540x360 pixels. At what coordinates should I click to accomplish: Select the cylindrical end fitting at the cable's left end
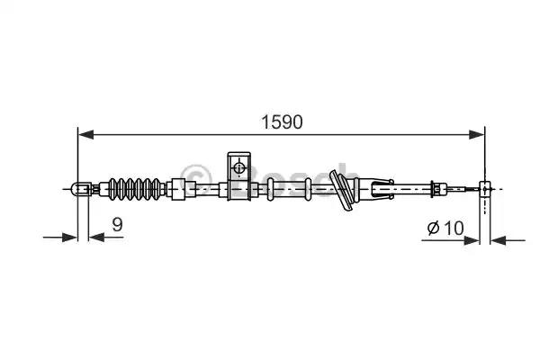[x=80, y=189]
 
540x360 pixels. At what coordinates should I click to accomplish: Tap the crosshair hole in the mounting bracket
[x=238, y=167]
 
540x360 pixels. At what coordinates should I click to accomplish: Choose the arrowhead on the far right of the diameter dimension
[x=500, y=240]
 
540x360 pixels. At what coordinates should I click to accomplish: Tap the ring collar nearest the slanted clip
[x=308, y=189]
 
